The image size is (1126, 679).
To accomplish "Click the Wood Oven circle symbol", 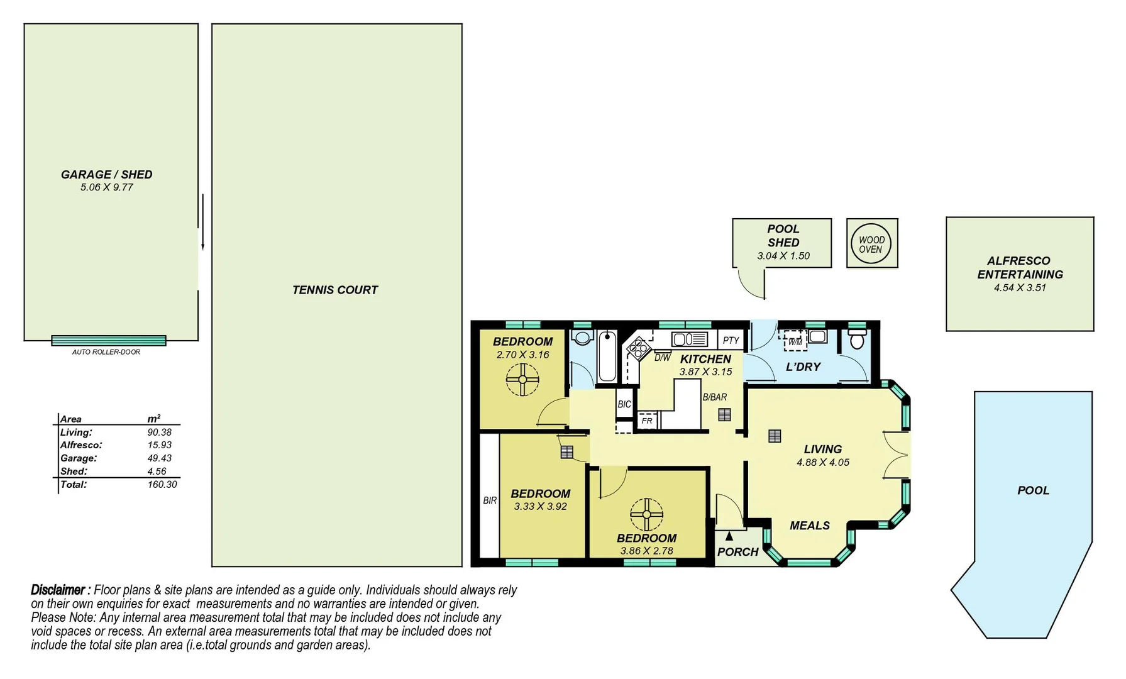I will pos(871,244).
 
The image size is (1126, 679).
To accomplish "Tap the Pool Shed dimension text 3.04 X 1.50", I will pos(783,256).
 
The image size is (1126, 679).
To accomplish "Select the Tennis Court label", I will pos(334,290).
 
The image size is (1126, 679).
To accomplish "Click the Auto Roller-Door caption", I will pos(106,352).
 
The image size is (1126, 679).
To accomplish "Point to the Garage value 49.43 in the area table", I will pos(159,458).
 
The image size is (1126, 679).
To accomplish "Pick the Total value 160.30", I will pos(162,485).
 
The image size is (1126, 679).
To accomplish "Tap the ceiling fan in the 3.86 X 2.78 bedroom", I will pos(646,514).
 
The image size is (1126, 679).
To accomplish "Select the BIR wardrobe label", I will pos(490,500).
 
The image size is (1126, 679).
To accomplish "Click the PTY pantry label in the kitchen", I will pos(731,340).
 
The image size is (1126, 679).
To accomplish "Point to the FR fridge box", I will pos(647,421).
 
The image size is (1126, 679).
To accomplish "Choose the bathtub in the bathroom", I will pos(607,356).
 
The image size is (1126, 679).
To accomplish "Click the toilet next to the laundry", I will pos(857,340).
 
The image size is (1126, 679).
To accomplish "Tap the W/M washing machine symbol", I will pos(795,341).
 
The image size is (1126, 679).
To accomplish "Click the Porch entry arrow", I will pos(729,536).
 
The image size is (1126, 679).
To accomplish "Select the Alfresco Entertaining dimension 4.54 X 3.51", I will pos(1019,288).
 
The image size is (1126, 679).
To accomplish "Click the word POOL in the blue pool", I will pos(1033,490).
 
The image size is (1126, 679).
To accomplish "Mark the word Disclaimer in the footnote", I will pos(58,590).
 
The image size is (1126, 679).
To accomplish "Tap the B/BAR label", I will pos(714,397).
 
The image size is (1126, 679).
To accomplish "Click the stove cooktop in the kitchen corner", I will pos(639,348).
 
